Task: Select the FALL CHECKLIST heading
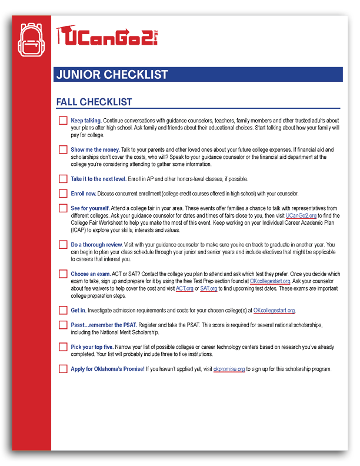(94, 102)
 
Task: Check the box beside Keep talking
(63, 121)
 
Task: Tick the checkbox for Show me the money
(63, 150)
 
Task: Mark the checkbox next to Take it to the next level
(63, 179)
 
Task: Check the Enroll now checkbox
(63, 194)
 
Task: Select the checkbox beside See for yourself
(63, 208)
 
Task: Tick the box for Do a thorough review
(63, 245)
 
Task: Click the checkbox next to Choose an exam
(63, 274)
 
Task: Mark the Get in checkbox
(63, 311)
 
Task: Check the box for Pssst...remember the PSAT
(63, 325)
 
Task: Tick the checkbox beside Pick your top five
(63, 347)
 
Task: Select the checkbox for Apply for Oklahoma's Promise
(63, 370)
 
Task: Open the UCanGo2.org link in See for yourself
(301, 215)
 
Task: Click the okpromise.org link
(229, 370)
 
